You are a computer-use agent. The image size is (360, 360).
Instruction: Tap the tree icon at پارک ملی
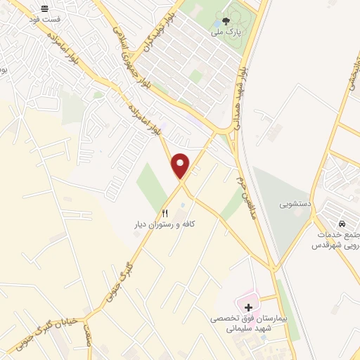tap(226, 21)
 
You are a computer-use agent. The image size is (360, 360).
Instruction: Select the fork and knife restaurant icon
tap(165, 212)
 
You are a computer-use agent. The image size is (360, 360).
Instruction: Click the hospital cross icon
tap(247, 307)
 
